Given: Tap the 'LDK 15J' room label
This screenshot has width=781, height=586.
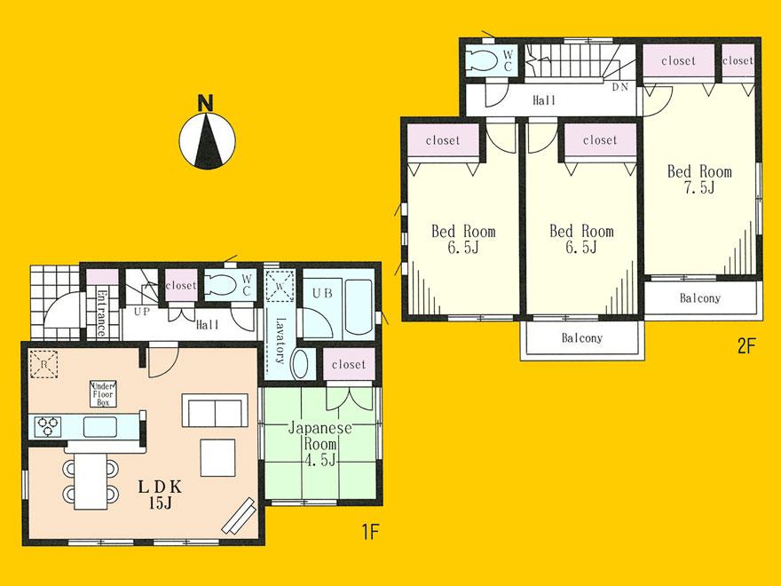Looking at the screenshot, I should [x=159, y=495].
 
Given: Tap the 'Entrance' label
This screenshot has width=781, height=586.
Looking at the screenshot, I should [x=101, y=313].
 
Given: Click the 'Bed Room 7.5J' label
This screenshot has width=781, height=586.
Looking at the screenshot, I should [x=699, y=179].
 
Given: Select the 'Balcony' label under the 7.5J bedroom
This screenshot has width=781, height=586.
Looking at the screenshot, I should [x=700, y=298].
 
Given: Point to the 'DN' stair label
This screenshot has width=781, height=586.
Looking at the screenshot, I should [x=620, y=87].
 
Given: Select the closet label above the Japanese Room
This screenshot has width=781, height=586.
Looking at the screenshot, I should [x=349, y=365].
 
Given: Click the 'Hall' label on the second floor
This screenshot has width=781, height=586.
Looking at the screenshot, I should [x=544, y=100].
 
